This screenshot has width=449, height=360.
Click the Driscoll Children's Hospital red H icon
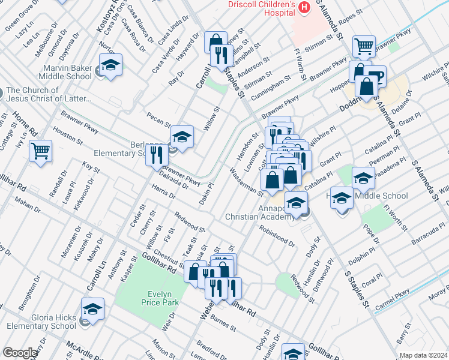(x=305, y=8)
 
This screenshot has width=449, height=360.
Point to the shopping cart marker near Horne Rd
(x=40, y=151)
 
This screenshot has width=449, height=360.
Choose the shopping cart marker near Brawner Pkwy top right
(x=364, y=46)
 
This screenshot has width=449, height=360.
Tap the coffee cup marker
(x=375, y=77)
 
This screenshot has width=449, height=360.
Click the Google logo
(x=20, y=353)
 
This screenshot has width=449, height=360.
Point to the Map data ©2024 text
(x=423, y=355)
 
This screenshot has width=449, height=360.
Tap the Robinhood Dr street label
(x=277, y=236)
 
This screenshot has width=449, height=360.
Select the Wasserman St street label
(x=247, y=182)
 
